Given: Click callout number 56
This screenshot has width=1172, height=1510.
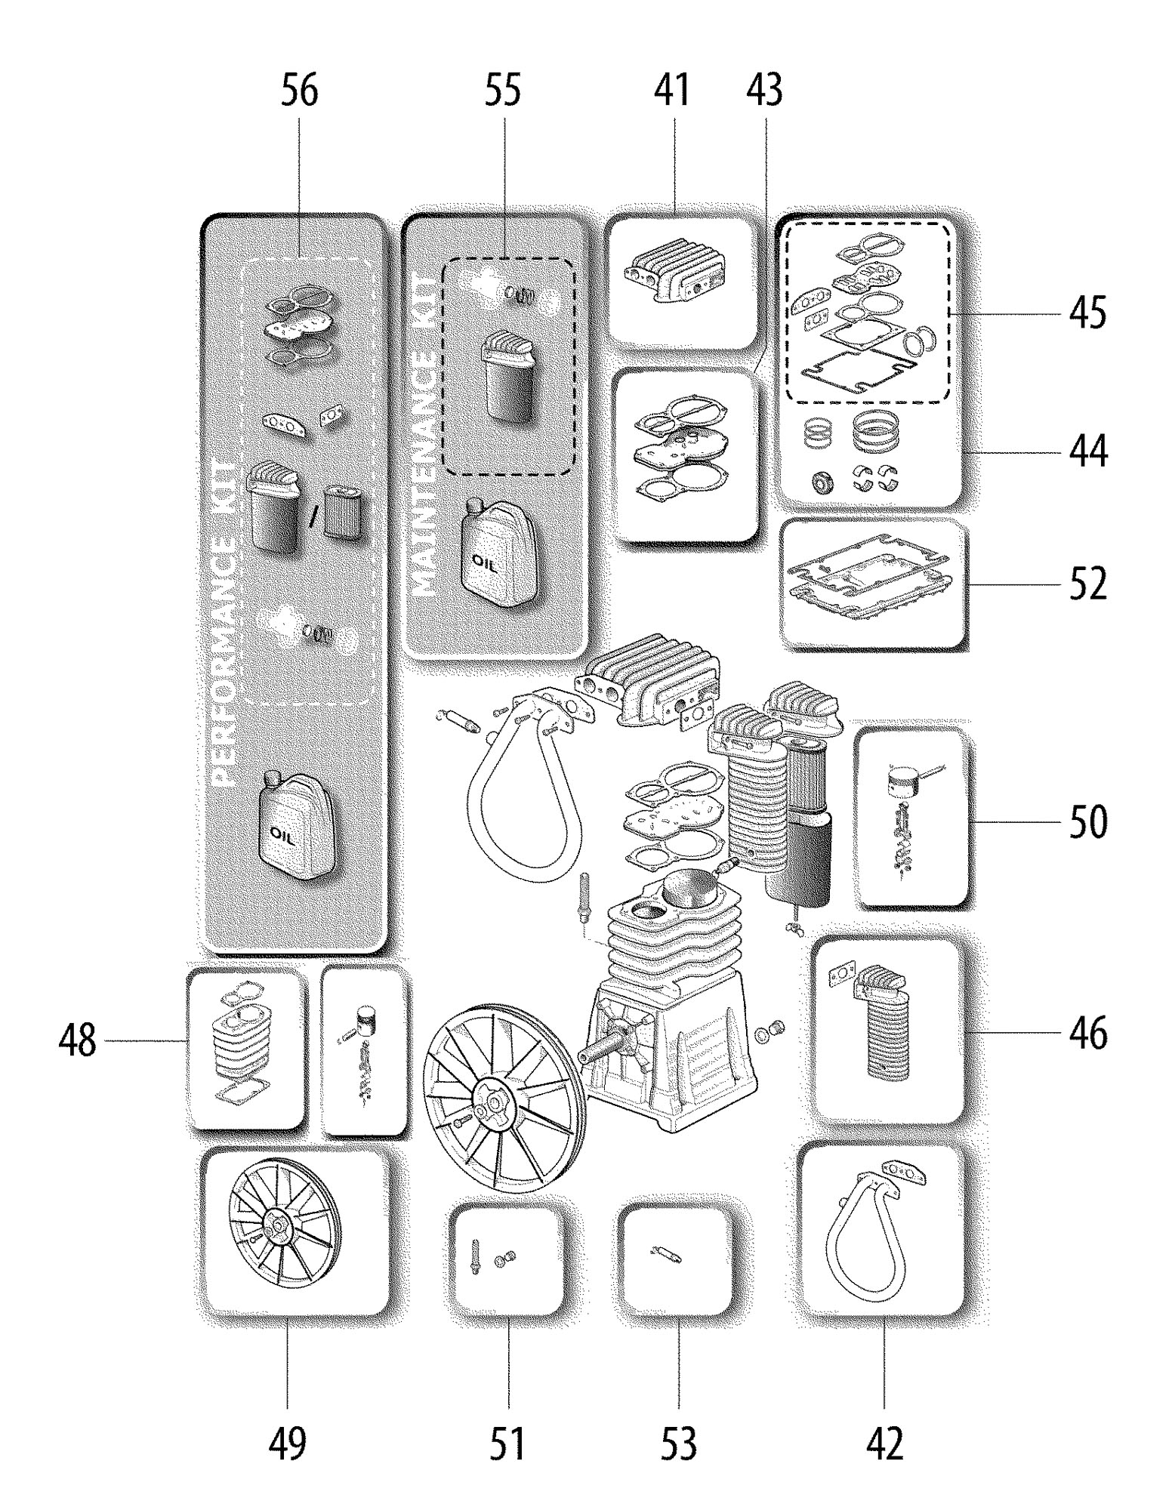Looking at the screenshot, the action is pyautogui.click(x=300, y=91).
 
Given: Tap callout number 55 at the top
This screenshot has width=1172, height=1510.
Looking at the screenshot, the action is pyautogui.click(x=502, y=91).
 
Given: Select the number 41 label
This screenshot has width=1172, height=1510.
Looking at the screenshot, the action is pyautogui.click(x=672, y=91).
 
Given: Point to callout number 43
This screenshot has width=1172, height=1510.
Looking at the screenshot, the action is pyautogui.click(x=764, y=91).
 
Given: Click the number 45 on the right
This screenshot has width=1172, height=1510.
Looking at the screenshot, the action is pyautogui.click(x=1087, y=313).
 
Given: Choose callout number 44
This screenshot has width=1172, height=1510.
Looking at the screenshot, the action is pyautogui.click(x=1087, y=452).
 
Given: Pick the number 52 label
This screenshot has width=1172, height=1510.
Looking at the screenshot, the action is pyautogui.click(x=1087, y=584).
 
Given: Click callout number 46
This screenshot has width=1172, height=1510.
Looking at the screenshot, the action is pyautogui.click(x=1087, y=1032).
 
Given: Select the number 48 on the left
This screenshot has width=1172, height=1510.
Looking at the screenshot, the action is pyautogui.click(x=78, y=1041).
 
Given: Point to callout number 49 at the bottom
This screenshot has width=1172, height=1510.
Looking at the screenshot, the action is pyautogui.click(x=288, y=1444).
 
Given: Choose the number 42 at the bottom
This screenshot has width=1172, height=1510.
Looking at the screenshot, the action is pyautogui.click(x=884, y=1444).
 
